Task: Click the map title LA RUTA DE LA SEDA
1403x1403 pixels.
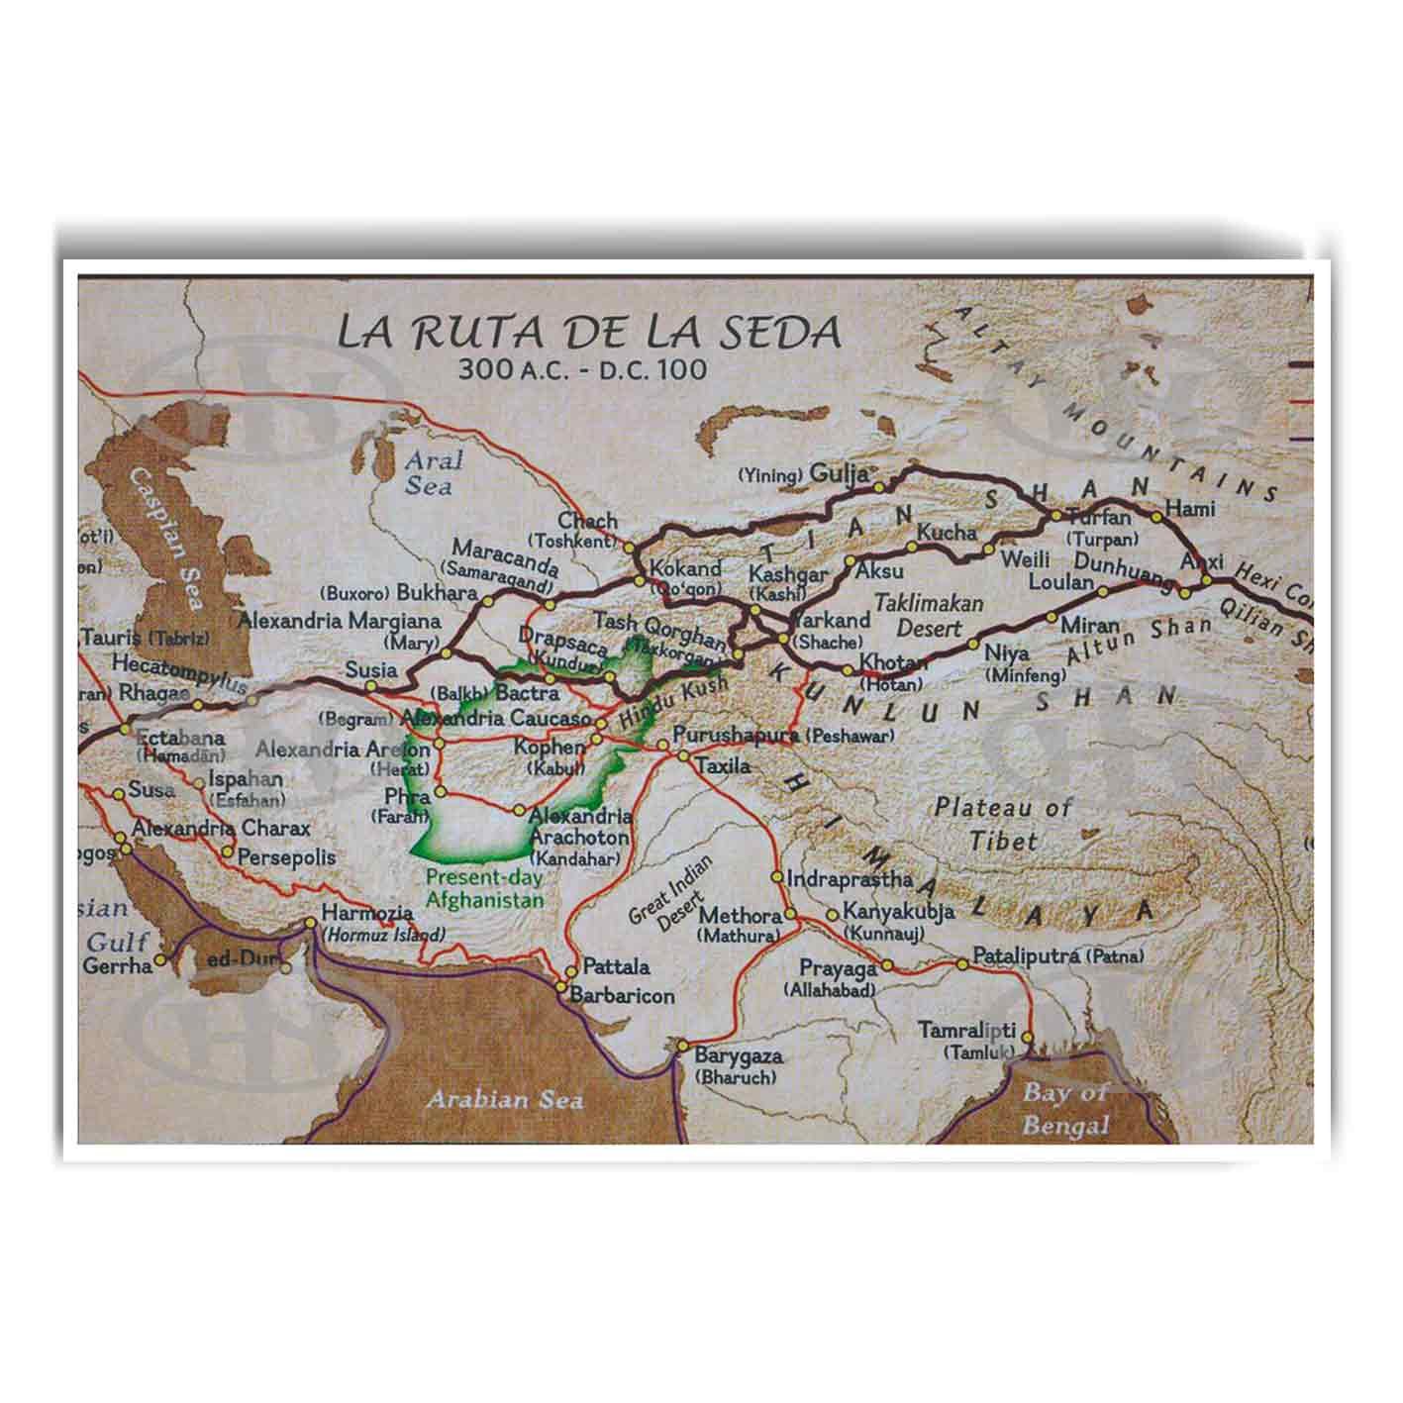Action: click(589, 332)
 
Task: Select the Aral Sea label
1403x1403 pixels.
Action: click(428, 473)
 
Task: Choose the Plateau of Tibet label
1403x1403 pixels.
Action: click(1002, 824)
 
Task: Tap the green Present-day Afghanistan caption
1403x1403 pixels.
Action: click(484, 888)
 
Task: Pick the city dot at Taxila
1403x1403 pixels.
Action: click(683, 757)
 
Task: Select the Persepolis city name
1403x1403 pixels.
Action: click(287, 857)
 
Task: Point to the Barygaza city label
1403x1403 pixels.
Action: click(739, 1056)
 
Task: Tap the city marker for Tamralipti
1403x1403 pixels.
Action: click(1027, 1038)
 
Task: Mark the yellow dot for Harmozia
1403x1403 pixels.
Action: click(310, 923)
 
